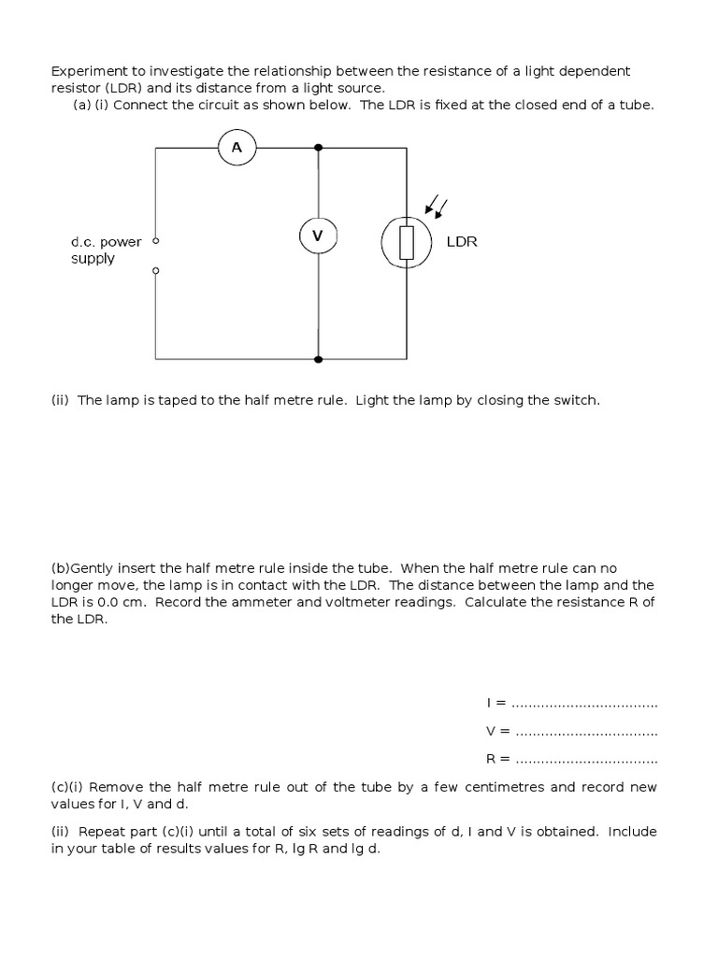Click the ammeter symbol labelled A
click(x=237, y=148)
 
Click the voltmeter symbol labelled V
click(x=318, y=236)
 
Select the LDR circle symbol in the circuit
click(x=406, y=243)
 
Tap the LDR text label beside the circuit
click(x=462, y=242)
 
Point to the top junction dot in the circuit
click(x=319, y=148)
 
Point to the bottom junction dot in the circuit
click(x=319, y=359)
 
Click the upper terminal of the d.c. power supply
click(x=156, y=240)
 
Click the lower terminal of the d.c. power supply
click(x=156, y=271)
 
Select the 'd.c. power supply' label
click(x=106, y=250)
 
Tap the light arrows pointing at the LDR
click(x=435, y=206)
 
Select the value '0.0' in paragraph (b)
click(x=110, y=602)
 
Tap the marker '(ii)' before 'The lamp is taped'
click(x=62, y=400)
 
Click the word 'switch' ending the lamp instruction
click(x=576, y=400)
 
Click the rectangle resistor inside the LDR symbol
click(x=406, y=243)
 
